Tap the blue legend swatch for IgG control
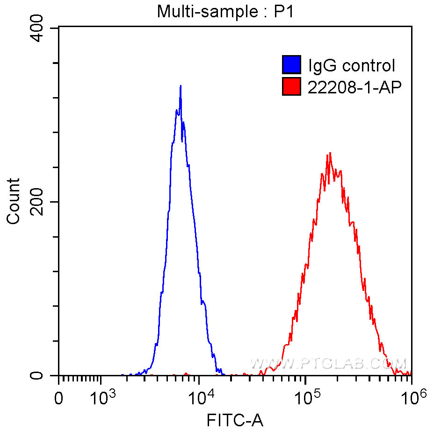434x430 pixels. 291,65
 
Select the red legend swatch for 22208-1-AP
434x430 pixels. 291,86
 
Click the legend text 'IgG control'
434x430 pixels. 351,65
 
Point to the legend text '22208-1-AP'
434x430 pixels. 354,87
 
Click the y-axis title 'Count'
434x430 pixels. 14,201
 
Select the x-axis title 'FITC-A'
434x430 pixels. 235,421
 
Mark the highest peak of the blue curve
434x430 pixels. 181,86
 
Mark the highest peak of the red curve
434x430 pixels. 330,153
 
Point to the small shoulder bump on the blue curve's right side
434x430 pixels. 204,303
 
